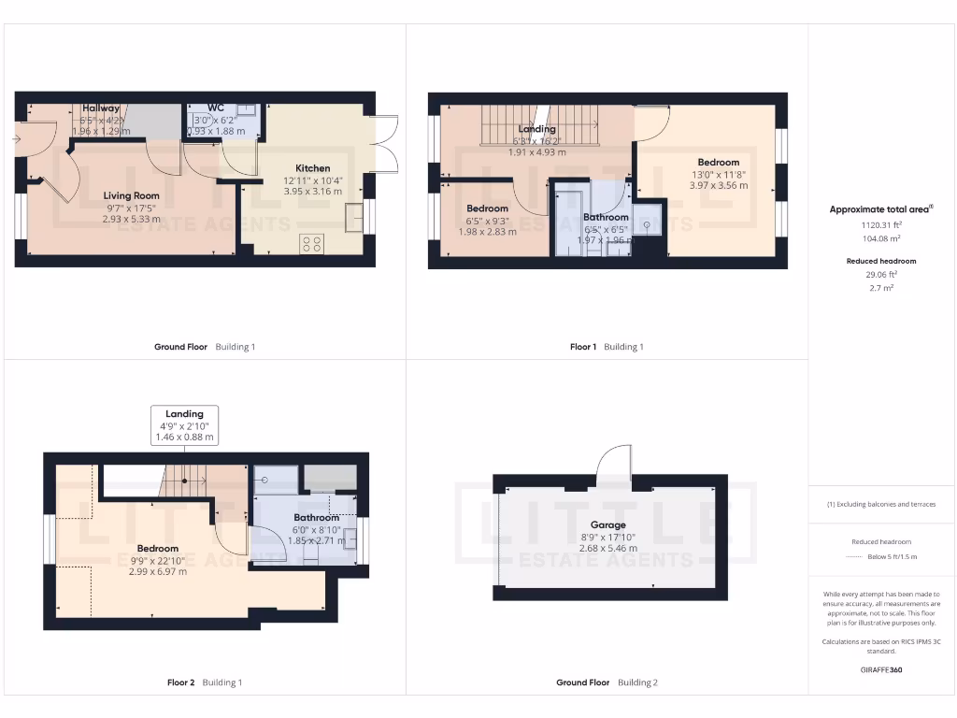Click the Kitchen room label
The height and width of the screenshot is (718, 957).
click(x=313, y=168)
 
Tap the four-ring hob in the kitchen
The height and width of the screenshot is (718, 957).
click(x=312, y=244)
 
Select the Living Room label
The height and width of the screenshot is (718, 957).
click(x=131, y=195)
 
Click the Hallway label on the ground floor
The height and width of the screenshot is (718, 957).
click(x=101, y=108)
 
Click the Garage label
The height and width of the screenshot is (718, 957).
click(x=607, y=524)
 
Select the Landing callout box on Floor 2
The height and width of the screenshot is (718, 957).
click(x=184, y=424)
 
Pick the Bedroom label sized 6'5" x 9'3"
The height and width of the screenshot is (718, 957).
click(x=487, y=208)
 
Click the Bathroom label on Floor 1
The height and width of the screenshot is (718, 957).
click(x=606, y=217)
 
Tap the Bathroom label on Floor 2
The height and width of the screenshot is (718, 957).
click(x=316, y=517)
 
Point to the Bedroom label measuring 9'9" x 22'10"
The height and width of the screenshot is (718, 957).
click(x=157, y=548)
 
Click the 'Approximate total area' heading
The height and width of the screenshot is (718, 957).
click(x=880, y=209)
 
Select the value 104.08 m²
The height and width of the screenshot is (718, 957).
click(x=881, y=239)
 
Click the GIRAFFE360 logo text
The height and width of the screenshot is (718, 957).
click(x=881, y=669)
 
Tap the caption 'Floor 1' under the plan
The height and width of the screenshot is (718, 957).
click(x=582, y=347)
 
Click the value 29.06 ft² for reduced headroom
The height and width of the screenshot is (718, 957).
click(x=881, y=275)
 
